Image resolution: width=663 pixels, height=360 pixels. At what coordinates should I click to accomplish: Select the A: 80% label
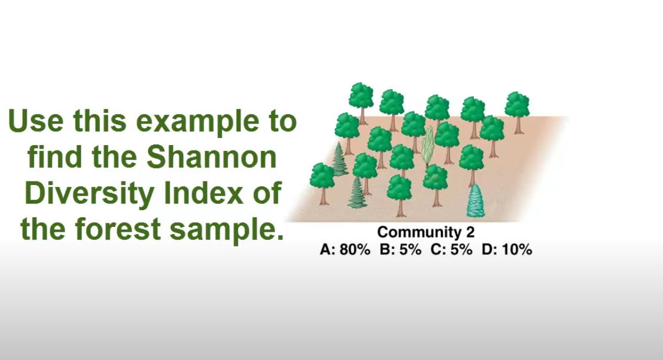point(345,250)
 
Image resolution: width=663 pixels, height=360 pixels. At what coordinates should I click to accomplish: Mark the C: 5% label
point(452,250)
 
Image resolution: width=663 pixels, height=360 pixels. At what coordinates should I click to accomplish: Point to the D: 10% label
point(507,250)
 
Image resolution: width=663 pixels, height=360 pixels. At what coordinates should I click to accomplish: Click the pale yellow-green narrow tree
point(427,144)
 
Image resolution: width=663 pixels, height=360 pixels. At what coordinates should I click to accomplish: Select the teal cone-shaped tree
point(476,202)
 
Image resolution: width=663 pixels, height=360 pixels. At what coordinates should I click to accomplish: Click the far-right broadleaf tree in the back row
point(517,106)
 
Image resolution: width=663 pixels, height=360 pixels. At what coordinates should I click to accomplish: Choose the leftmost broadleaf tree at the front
point(322,176)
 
